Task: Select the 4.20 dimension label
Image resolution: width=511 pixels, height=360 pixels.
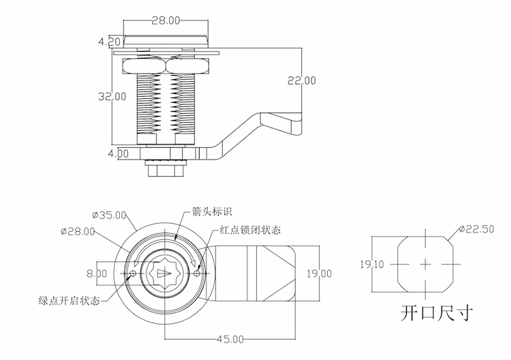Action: pyautogui.click(x=109, y=42)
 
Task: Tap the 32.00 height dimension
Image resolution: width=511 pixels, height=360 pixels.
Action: pyautogui.click(x=111, y=96)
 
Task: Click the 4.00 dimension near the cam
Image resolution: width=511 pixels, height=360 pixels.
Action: pyautogui.click(x=117, y=153)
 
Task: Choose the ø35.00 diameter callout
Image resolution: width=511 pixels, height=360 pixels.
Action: pyautogui.click(x=109, y=215)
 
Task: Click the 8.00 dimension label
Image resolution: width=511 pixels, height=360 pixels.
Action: pyautogui.click(x=96, y=273)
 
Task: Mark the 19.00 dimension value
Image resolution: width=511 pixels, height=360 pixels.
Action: pyautogui.click(x=318, y=273)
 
